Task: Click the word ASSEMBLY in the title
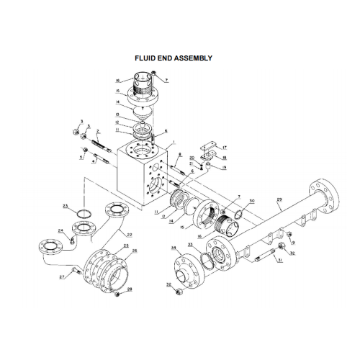pyautogui.click(x=192, y=57)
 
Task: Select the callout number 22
pyautogui.click(x=130, y=234)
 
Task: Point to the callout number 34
pyautogui.click(x=174, y=248)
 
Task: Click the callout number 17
pyautogui.click(x=224, y=146)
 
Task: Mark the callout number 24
pyautogui.click(x=61, y=231)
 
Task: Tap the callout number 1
pyautogui.click(x=171, y=143)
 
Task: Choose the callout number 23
pyautogui.click(x=65, y=207)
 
